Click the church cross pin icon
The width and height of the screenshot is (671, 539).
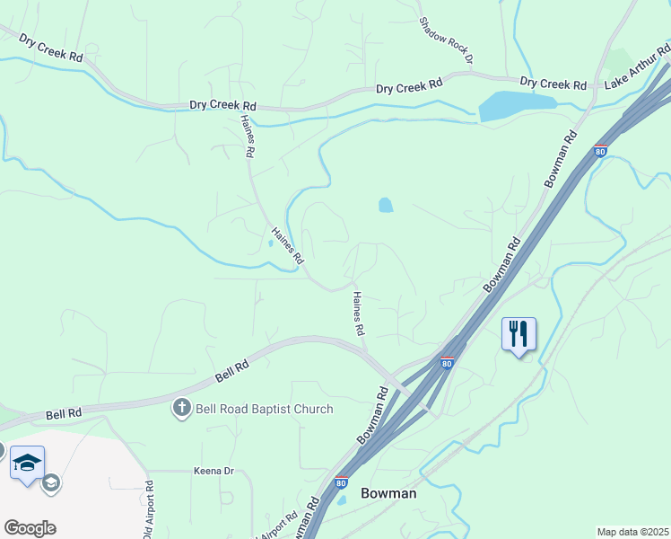pyautogui.click(x=182, y=409)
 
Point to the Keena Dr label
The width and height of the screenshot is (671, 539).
pyautogui.click(x=213, y=471)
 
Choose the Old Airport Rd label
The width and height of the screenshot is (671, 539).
pyautogui.click(x=148, y=510)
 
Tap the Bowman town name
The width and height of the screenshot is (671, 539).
pyautogui.click(x=388, y=493)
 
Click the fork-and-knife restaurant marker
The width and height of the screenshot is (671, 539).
pyautogui.click(x=518, y=334)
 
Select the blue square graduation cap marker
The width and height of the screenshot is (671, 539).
pyautogui.click(x=27, y=463)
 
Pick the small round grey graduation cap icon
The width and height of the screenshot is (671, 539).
pyautogui.click(x=51, y=483)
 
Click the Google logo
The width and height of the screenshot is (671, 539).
pyautogui.click(x=30, y=527)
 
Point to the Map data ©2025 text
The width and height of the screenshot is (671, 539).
pyautogui.click(x=632, y=532)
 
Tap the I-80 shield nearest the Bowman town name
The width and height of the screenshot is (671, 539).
pyautogui.click(x=341, y=482)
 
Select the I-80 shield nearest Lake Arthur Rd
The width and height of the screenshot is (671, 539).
pyautogui.click(x=600, y=151)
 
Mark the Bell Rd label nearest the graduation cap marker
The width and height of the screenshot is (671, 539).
pyautogui.click(x=64, y=413)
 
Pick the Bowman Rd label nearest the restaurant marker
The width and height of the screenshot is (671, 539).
pyautogui.click(x=501, y=264)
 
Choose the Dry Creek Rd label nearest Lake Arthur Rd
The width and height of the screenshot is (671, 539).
pyautogui.click(x=553, y=84)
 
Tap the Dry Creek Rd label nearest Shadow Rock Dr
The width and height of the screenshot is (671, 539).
pyautogui.click(x=409, y=87)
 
